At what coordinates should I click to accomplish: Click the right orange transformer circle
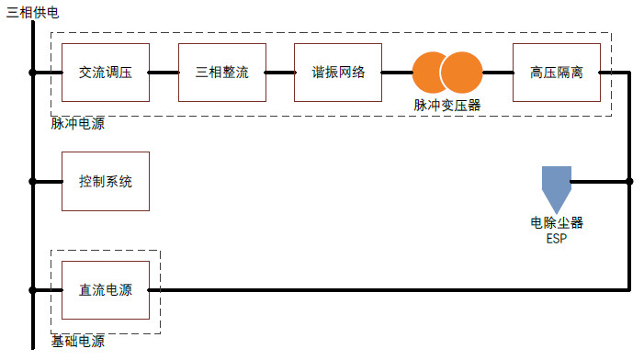[x=462, y=73]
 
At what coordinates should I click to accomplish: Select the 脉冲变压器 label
[x=446, y=106]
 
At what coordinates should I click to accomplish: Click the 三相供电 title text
[x=33, y=12]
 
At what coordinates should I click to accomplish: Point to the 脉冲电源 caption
[x=77, y=124]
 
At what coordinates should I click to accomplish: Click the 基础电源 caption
[x=77, y=341]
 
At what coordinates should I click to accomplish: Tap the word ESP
[x=557, y=239]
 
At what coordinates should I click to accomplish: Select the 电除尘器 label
[x=557, y=223]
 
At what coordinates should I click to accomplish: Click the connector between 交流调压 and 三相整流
[x=164, y=73]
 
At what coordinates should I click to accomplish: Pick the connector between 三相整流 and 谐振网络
[x=280, y=73]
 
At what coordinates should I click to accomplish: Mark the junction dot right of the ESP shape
[x=629, y=181]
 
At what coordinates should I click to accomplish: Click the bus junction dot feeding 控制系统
[x=33, y=182]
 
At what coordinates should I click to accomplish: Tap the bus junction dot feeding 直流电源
[x=33, y=290]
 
